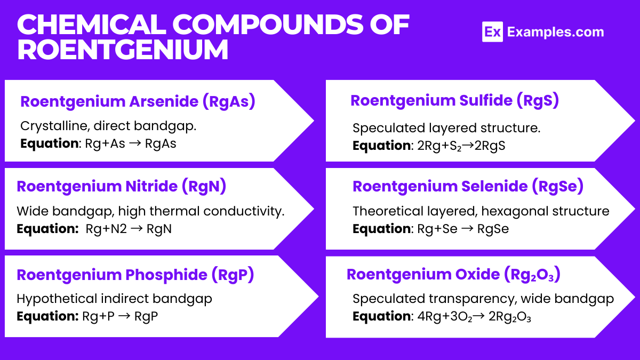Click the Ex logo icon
tap(492, 32)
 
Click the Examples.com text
tap(555, 32)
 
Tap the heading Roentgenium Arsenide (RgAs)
tap(138, 101)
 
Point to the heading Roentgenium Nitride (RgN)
tap(122, 186)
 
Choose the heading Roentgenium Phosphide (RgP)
tap(135, 275)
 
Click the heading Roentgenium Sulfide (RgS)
tap(454, 100)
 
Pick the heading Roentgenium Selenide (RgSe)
tap(468, 186)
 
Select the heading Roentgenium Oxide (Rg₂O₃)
tap(453, 274)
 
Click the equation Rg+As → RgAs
tap(131, 143)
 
